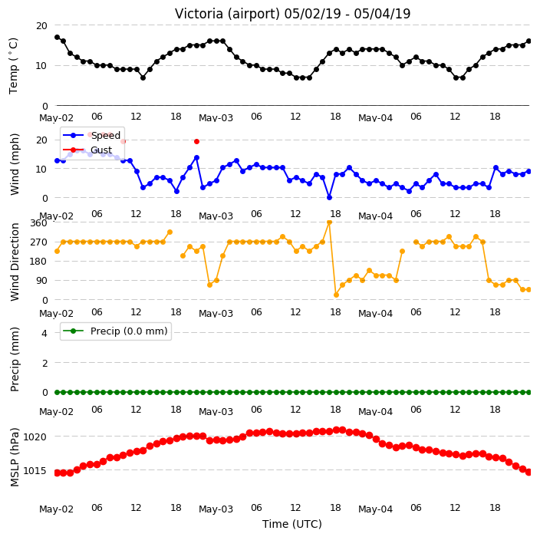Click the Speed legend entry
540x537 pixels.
91,135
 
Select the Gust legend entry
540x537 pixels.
87,150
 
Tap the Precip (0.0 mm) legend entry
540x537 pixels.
116,331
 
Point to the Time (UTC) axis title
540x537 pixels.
292,524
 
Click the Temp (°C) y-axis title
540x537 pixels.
13,66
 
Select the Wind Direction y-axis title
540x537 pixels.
14,262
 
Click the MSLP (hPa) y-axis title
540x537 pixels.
14,457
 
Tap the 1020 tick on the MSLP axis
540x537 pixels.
35,437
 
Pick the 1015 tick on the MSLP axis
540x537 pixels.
35,470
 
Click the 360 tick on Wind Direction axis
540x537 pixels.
38,223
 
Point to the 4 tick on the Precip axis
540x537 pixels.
44,333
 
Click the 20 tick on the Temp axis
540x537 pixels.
41,26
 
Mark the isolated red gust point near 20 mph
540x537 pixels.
196,142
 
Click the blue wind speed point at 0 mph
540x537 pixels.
329,198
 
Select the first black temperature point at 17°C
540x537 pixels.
58,37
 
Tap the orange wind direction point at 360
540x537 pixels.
329,222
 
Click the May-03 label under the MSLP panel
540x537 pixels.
216,509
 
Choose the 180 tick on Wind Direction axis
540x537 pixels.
38,262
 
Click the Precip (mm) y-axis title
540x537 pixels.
14,360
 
